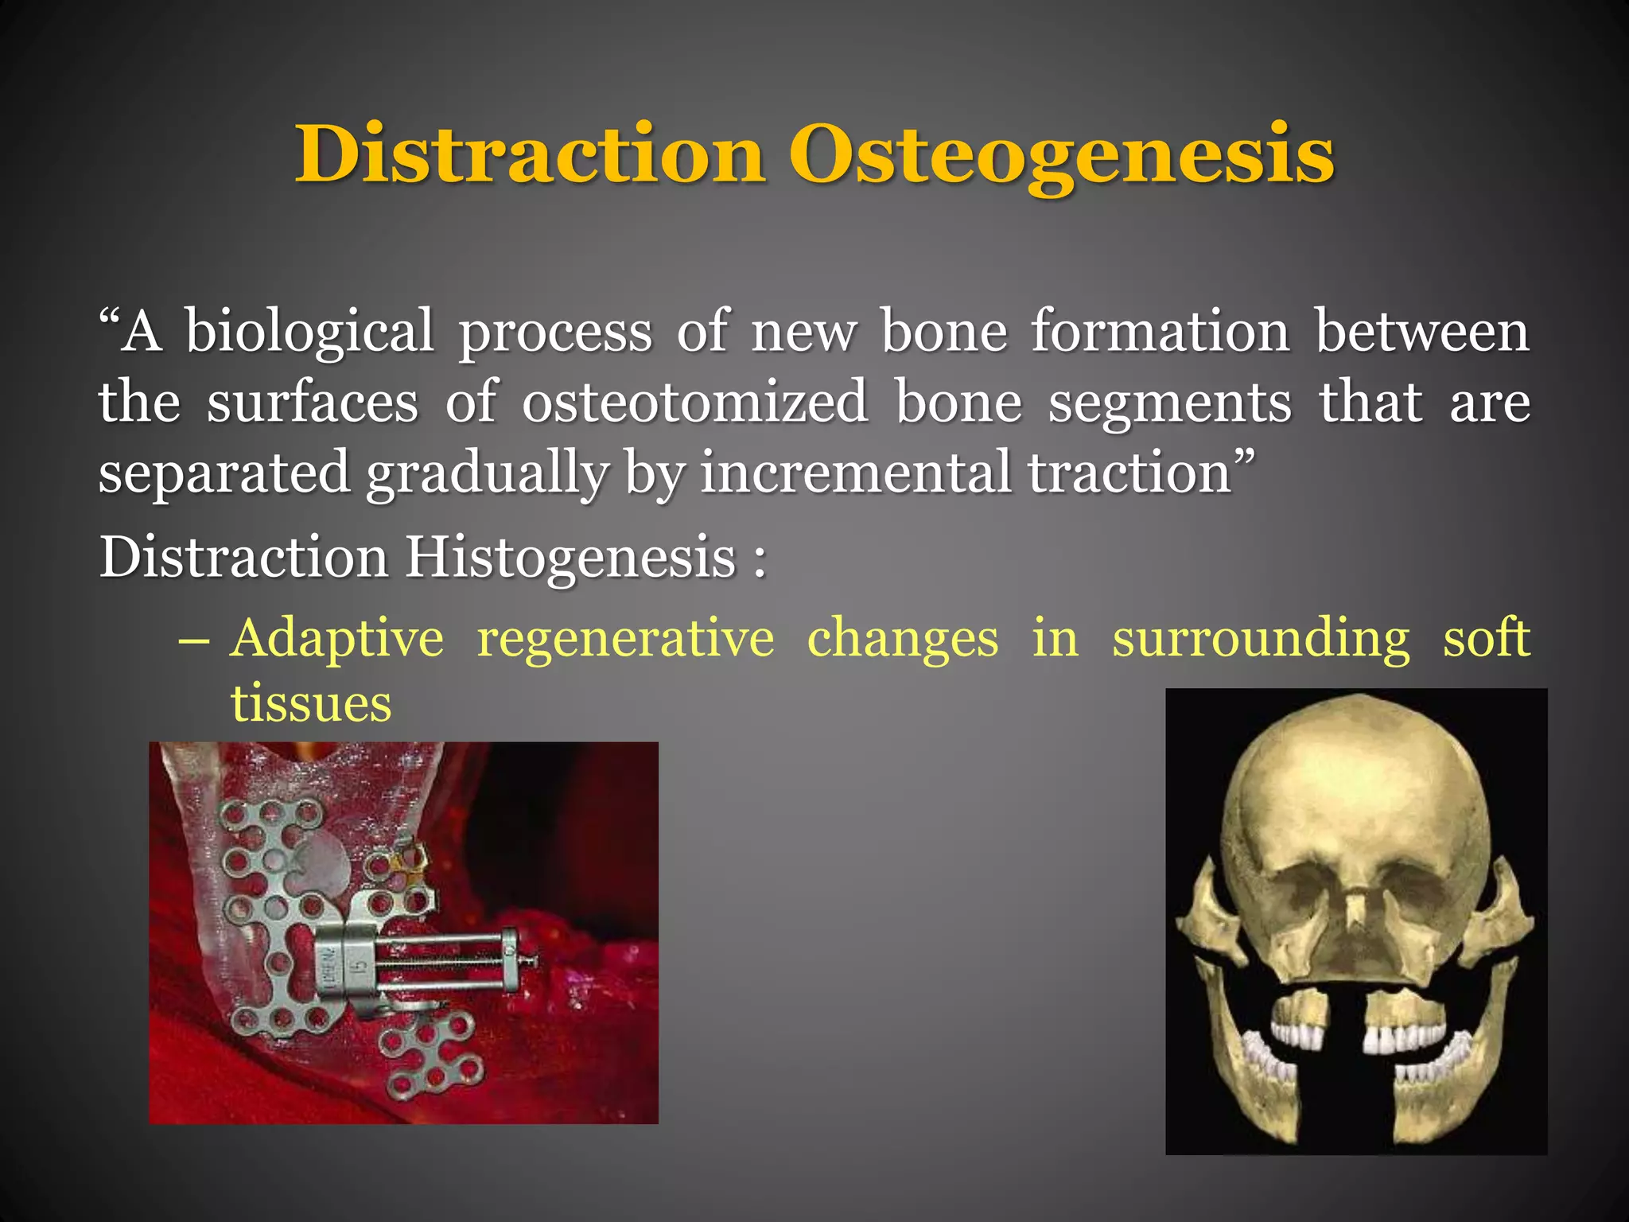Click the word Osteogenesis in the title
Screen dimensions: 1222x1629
[1061, 155]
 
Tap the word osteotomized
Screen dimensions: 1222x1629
[694, 403]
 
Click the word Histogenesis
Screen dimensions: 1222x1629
[570, 557]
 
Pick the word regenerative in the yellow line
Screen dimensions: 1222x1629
[625, 639]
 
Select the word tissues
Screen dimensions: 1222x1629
[311, 705]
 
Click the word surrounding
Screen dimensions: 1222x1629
[1261, 639]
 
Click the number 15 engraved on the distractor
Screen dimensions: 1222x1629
[360, 967]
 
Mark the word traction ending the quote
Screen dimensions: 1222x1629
[1129, 473]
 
